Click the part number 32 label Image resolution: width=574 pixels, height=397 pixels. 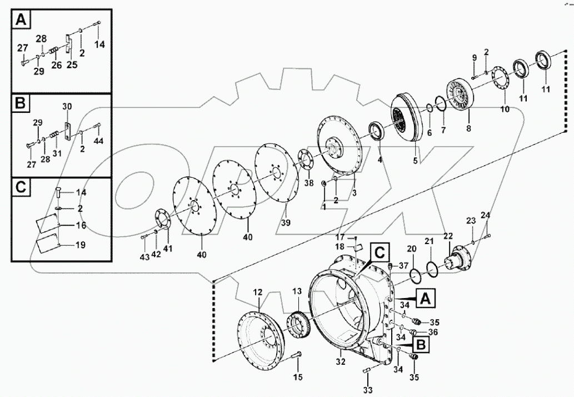click(x=340, y=362)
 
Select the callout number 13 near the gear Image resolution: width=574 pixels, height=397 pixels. click(x=297, y=291)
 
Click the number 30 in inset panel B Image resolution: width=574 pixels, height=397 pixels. click(x=67, y=106)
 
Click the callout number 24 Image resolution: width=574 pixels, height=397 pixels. click(x=486, y=215)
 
